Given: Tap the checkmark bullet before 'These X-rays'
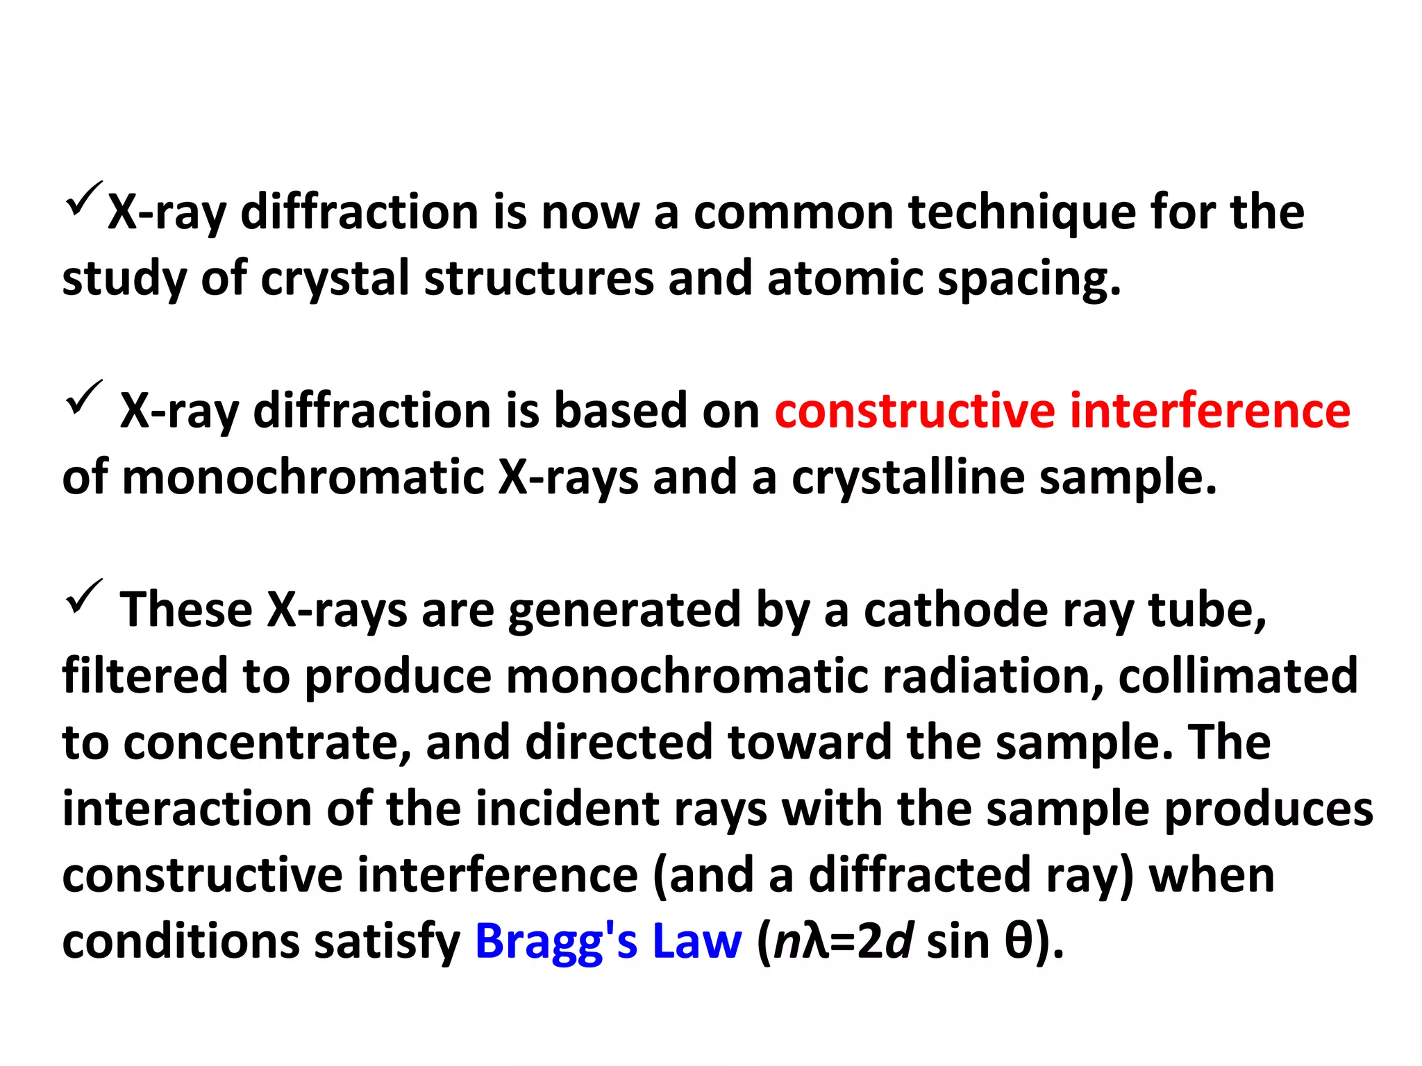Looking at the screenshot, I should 84,596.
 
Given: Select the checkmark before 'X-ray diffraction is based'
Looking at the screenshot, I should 84,397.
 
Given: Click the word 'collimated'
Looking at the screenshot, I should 1238,675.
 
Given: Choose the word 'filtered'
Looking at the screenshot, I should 145,675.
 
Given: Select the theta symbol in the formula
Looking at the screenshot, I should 1019,942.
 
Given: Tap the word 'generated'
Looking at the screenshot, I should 625,611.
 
